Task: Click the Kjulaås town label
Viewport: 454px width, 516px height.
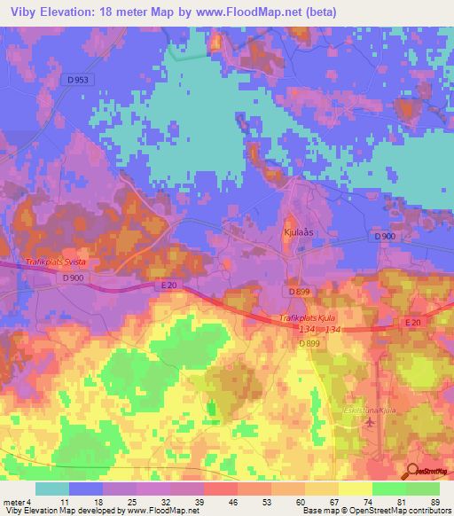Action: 302,230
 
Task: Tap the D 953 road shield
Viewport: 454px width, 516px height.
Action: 79,80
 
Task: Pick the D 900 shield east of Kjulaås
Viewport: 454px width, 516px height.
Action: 384,237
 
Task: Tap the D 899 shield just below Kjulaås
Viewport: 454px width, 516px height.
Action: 298,291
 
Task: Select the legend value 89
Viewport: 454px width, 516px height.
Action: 434,502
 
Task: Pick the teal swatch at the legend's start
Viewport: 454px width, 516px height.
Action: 51,489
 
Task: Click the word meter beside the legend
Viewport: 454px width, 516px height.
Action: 12,502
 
